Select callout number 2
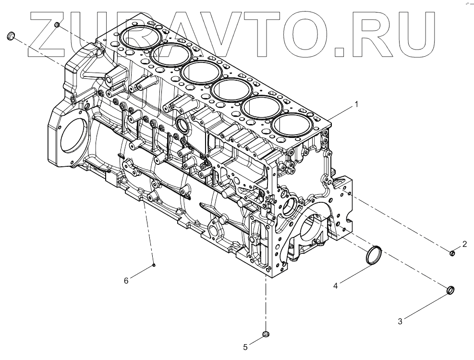coord(464,244)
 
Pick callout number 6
coord(126,281)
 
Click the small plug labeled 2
coord(452,253)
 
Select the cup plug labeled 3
coord(450,290)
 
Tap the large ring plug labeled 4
coord(373,255)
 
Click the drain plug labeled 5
coord(266,334)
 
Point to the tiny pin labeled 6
coord(153,264)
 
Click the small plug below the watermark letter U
coord(57,24)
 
